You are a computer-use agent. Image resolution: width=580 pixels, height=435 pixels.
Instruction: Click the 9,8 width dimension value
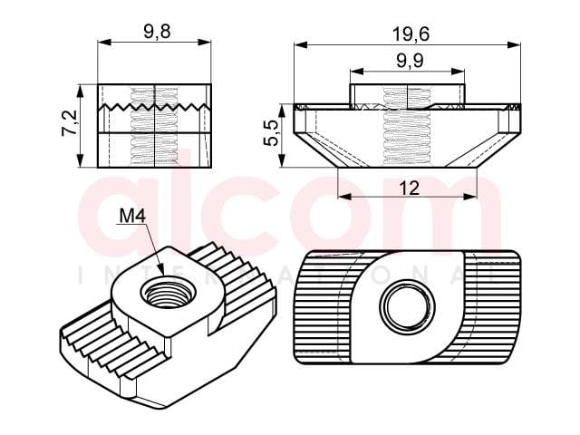click(x=157, y=32)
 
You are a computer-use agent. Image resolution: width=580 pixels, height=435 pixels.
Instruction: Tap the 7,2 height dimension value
click(x=70, y=123)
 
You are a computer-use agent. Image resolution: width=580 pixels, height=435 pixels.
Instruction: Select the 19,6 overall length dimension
click(x=411, y=34)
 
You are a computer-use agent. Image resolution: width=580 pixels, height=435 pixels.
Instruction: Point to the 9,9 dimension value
click(x=410, y=61)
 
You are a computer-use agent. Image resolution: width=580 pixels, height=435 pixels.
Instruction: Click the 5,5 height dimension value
click(x=271, y=133)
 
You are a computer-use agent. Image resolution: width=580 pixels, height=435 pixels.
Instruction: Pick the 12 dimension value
click(x=410, y=188)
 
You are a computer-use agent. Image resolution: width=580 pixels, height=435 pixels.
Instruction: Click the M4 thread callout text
click(x=132, y=216)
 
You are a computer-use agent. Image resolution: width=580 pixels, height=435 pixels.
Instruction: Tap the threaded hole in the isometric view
click(x=168, y=294)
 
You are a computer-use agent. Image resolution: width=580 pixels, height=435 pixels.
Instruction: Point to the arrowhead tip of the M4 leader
click(x=162, y=274)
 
